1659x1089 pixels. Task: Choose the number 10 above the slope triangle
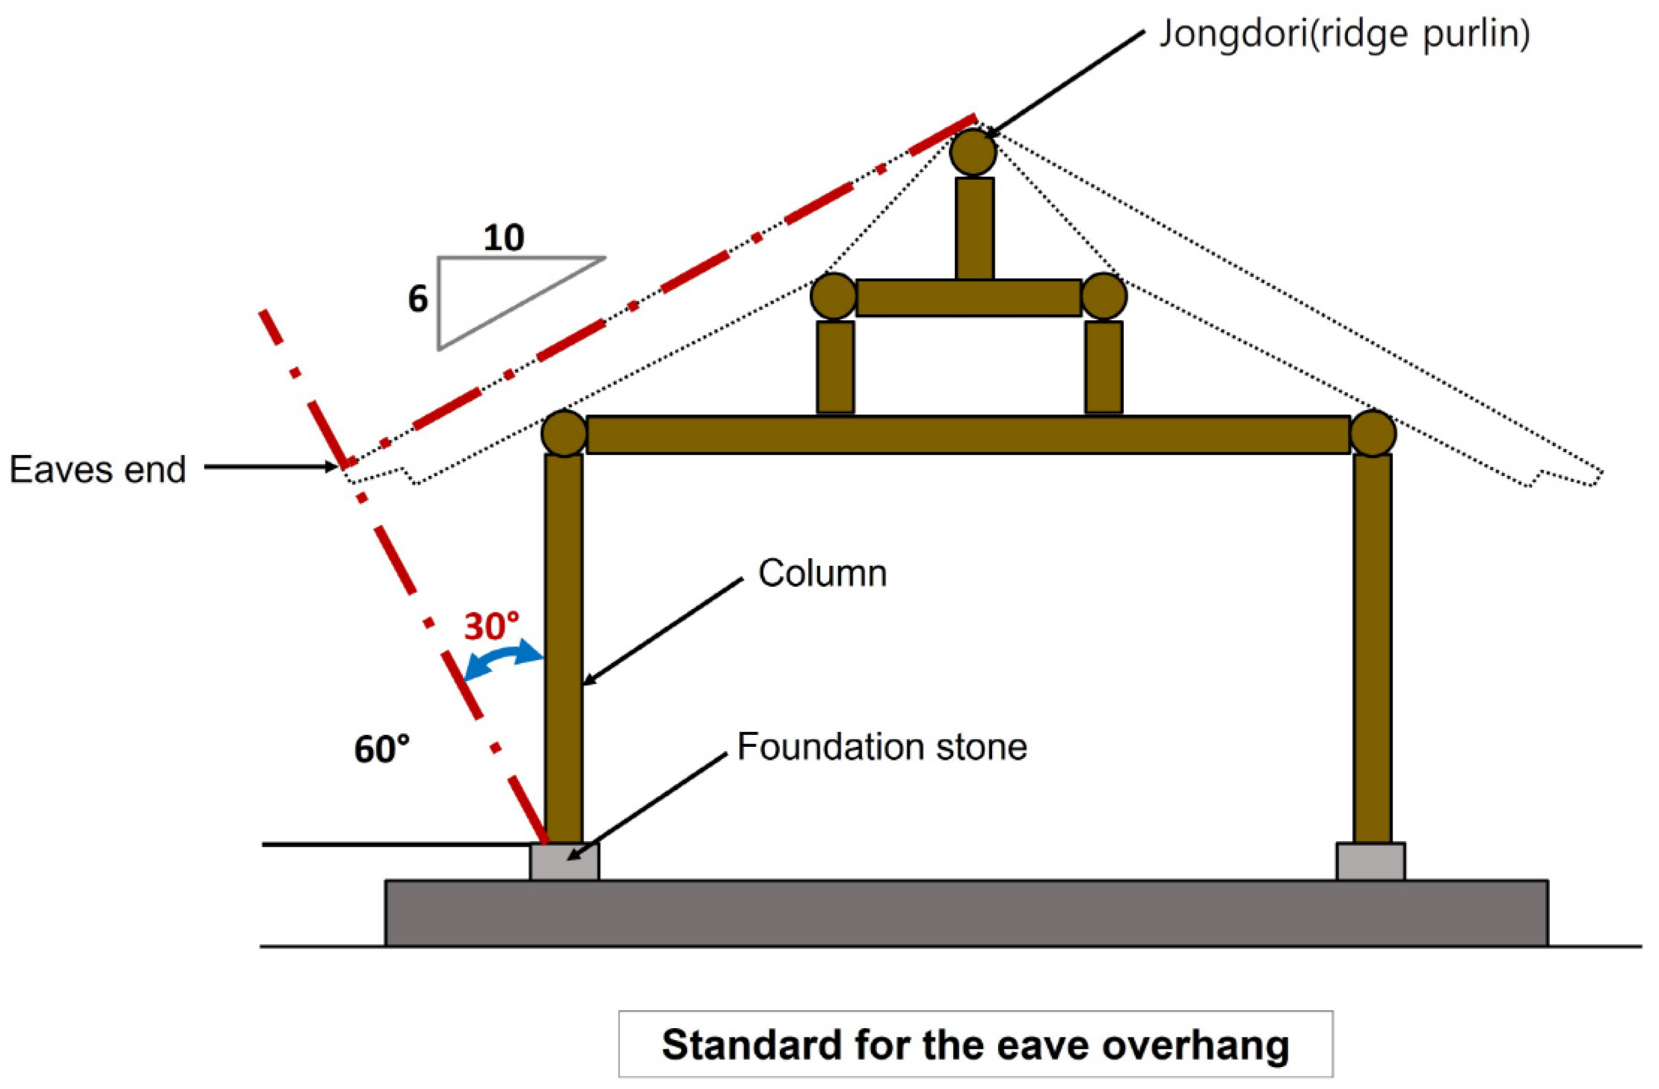tap(503, 239)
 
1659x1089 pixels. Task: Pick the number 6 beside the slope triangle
tap(417, 299)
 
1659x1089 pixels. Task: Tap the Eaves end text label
tap(98, 469)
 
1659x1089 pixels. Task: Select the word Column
tap(823, 574)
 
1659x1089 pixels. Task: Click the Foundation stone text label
tap(882, 747)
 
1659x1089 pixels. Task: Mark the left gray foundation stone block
tap(564, 862)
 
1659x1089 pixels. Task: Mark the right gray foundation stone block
tap(1371, 862)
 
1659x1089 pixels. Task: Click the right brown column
tap(1372, 648)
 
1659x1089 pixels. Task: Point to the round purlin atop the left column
tap(564, 433)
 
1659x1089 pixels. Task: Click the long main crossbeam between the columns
tap(967, 434)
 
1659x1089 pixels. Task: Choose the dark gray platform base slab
tap(966, 913)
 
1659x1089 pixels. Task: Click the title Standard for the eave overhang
tap(975, 1045)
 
